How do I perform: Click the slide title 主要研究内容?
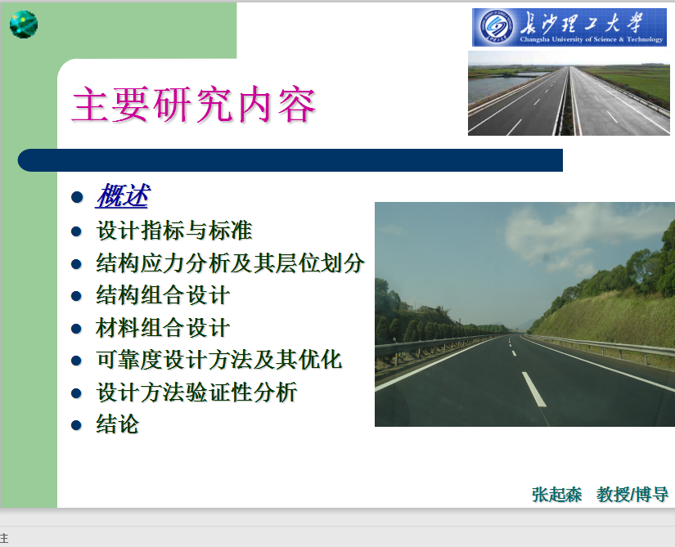(x=194, y=105)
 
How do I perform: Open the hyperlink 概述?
(x=123, y=196)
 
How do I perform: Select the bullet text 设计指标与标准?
(x=174, y=230)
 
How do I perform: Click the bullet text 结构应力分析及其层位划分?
(x=230, y=262)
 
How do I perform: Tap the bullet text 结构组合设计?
(x=163, y=295)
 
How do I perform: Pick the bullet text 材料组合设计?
(x=163, y=328)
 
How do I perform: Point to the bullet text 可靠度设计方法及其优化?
(x=219, y=360)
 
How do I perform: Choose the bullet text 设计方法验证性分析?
(x=196, y=392)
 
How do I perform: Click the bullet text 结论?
(x=118, y=424)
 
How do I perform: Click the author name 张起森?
(x=557, y=495)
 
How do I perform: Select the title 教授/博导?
(x=632, y=495)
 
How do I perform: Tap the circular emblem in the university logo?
(x=497, y=27)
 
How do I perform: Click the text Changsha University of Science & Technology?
(x=592, y=39)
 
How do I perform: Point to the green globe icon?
(x=24, y=24)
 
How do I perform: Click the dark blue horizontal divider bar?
(x=290, y=160)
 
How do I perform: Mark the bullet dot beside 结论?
(x=77, y=425)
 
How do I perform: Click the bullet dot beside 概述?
(x=77, y=197)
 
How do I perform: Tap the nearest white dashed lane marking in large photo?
(x=533, y=388)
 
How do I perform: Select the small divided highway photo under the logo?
(x=569, y=93)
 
